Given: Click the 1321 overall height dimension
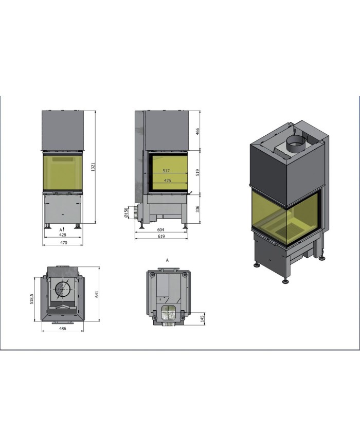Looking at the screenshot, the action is (93, 167).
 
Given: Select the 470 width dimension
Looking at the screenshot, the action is (63, 243).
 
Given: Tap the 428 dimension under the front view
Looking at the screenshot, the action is (62, 235).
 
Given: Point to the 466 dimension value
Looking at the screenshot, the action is (197, 131).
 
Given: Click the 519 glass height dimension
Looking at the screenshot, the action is (197, 172).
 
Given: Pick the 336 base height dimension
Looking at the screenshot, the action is (197, 209).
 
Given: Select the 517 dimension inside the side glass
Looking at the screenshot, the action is (167, 171).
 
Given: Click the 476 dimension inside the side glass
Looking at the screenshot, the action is (167, 181).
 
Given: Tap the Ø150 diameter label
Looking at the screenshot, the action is (127, 212).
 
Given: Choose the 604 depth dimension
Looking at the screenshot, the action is (161, 229).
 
